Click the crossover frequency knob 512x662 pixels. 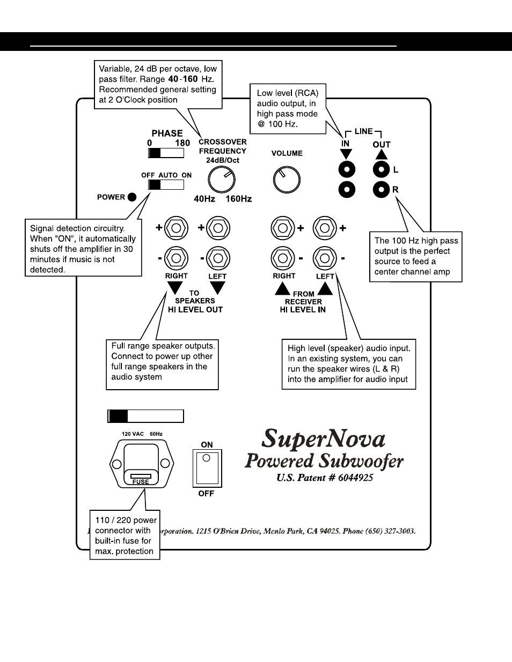click(x=221, y=180)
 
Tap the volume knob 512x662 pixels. click(x=287, y=180)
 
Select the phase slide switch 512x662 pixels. click(x=166, y=153)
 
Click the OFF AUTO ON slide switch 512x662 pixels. click(x=166, y=185)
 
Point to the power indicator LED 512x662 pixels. click(x=131, y=197)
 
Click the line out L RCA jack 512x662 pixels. click(x=381, y=170)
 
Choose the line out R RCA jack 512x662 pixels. click(x=381, y=189)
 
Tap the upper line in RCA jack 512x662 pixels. click(x=347, y=170)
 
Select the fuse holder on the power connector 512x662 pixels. click(x=141, y=477)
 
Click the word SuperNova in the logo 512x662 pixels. click(x=324, y=440)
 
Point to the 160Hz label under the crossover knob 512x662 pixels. click(x=238, y=199)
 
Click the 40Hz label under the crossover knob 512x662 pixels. click(x=204, y=199)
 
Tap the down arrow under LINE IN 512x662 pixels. click(x=346, y=154)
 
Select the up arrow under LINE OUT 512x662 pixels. click(x=381, y=154)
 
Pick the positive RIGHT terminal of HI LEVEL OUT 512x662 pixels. click(x=176, y=228)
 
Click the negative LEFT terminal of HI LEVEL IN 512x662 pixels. click(x=324, y=258)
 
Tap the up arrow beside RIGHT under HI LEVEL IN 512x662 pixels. click(x=283, y=288)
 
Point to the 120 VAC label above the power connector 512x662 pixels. click(x=133, y=434)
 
